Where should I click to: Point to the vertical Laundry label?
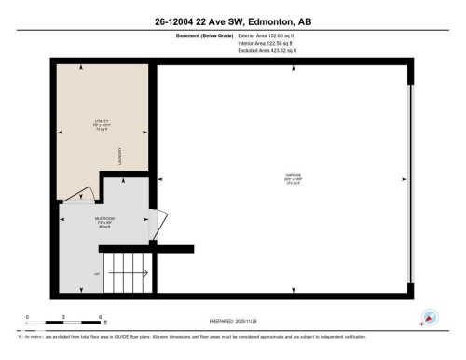[120, 158]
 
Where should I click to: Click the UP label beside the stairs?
[96, 274]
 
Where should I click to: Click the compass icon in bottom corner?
[430, 317]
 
